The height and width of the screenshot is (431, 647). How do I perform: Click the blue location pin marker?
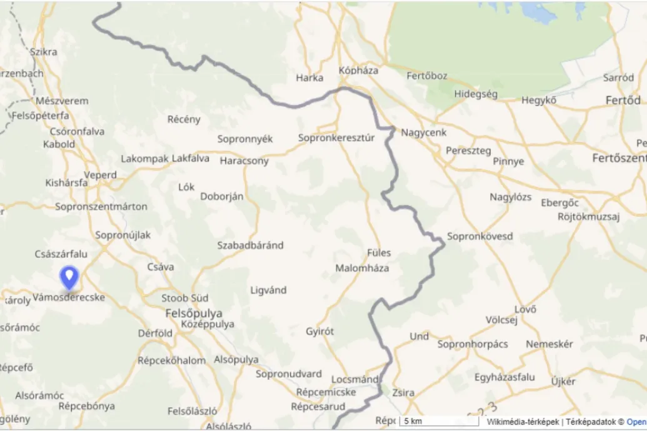tap(69, 277)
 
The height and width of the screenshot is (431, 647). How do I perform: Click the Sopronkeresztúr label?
tap(336, 137)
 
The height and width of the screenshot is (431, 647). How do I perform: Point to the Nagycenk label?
tap(424, 132)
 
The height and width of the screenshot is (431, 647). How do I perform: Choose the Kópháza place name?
tap(358, 71)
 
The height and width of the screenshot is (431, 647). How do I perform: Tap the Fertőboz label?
tap(427, 76)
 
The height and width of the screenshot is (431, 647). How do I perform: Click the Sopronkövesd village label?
tap(480, 237)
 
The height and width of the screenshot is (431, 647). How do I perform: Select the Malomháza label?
tap(362, 268)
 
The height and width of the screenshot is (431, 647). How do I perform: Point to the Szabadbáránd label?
tap(250, 245)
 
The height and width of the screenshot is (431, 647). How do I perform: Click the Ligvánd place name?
tap(268, 290)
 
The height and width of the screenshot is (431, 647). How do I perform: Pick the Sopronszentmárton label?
tap(101, 206)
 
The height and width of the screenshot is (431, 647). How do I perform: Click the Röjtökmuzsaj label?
tap(588, 217)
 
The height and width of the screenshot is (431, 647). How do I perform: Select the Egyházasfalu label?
tap(504, 377)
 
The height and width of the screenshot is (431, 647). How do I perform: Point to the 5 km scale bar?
tap(438, 422)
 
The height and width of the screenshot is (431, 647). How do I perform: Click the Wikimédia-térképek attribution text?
tap(524, 422)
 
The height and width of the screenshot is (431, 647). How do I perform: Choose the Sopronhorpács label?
tap(473, 344)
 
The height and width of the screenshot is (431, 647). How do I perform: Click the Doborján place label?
tap(222, 196)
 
